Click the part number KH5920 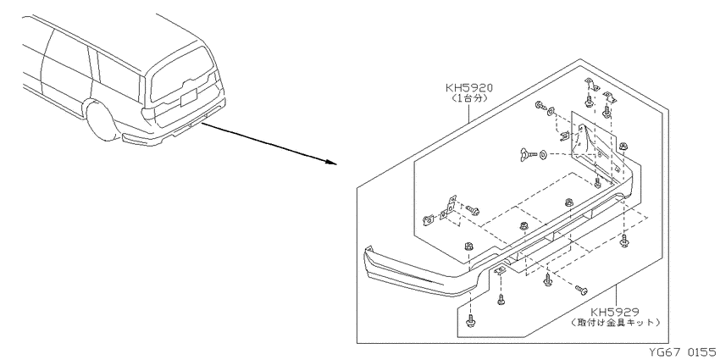point(468,88)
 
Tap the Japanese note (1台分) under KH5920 point(468,97)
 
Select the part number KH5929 point(615,313)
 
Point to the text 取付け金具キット point(615,323)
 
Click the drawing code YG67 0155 point(683,352)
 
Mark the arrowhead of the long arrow point(332,162)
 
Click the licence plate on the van point(188,97)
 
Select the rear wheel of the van point(102,121)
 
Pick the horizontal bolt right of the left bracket point(473,210)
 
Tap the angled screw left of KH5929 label point(581,290)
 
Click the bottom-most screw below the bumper point(470,321)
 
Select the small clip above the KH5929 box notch point(500,270)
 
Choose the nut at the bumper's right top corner point(623,147)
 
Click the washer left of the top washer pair point(539,106)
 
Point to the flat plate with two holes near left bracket point(444,214)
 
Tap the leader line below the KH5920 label point(468,114)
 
